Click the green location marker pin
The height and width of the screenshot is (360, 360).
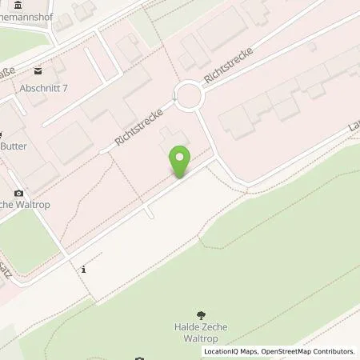182,161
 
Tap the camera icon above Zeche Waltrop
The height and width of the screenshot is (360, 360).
19,193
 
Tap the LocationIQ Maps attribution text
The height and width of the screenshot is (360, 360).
232,351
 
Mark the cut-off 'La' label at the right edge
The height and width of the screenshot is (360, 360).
353,128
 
